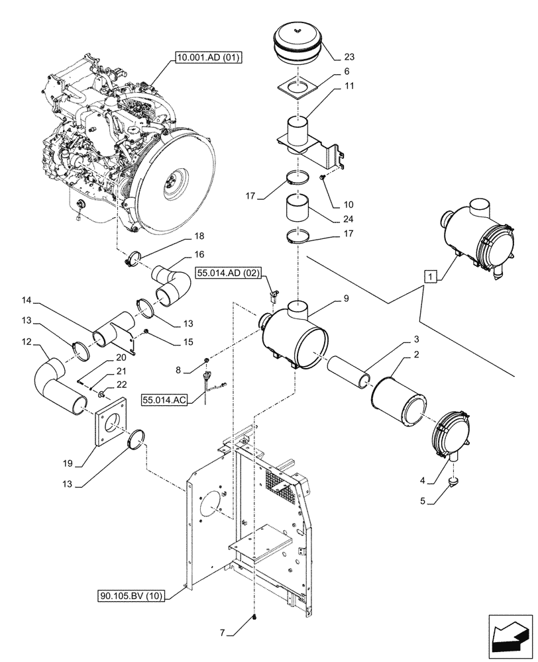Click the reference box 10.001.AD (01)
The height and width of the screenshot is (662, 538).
pyautogui.click(x=208, y=58)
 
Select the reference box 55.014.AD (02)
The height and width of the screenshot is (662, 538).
pyautogui.click(x=229, y=272)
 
